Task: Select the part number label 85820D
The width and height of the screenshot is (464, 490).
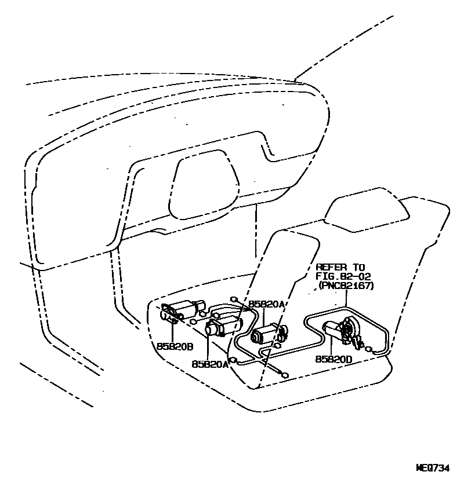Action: click(333, 359)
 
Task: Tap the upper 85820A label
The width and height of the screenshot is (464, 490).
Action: click(267, 304)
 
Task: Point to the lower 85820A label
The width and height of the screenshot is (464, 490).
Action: click(209, 364)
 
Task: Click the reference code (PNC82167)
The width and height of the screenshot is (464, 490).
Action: click(346, 286)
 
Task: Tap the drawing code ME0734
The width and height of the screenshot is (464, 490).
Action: click(433, 468)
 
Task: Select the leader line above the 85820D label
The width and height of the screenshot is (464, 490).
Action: click(330, 346)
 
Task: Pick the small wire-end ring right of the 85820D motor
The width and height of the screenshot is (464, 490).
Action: click(369, 349)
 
